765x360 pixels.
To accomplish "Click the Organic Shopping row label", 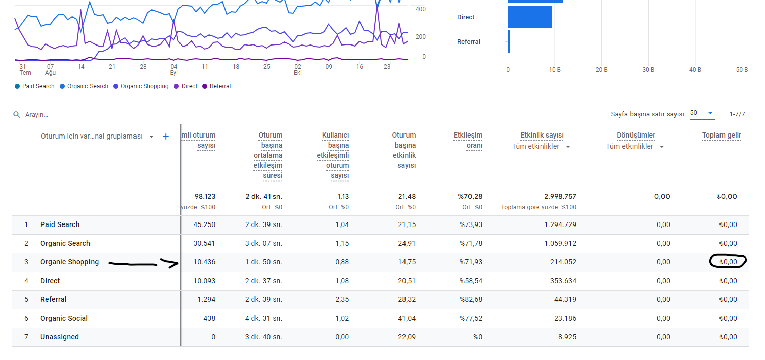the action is tap(69, 262).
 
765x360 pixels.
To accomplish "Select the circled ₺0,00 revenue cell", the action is tap(728, 262).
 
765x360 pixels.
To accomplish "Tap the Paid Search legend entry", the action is tap(34, 86).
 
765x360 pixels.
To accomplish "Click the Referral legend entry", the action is tap(216, 86).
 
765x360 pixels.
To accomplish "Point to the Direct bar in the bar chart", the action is tap(529, 17).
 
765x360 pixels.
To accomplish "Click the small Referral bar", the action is tap(509, 41).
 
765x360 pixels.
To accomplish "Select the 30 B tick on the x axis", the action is tap(648, 70).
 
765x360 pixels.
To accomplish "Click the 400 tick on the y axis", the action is tap(420, 9).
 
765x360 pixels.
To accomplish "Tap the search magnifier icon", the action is tap(16, 114).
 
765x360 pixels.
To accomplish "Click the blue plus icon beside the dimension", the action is tap(166, 137).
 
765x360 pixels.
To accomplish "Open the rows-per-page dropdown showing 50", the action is tap(702, 113).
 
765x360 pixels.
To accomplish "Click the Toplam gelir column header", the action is tap(722, 136).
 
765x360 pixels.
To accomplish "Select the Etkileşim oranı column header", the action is tap(468, 141).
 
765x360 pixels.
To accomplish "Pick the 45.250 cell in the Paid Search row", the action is tap(204, 224).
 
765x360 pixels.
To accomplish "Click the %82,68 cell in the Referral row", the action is tap(471, 299).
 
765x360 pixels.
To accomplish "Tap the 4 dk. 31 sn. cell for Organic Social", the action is tap(263, 318).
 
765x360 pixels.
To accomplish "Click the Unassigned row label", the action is tap(60, 337).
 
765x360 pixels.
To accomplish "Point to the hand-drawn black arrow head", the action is tap(171, 263).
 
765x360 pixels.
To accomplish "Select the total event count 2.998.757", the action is tap(560, 196).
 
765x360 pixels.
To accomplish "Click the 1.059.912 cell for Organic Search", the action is tap(560, 243).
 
